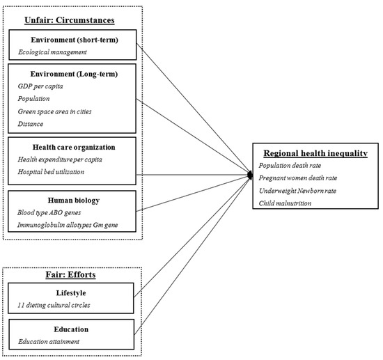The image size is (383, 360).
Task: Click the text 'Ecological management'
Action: point(53,52)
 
